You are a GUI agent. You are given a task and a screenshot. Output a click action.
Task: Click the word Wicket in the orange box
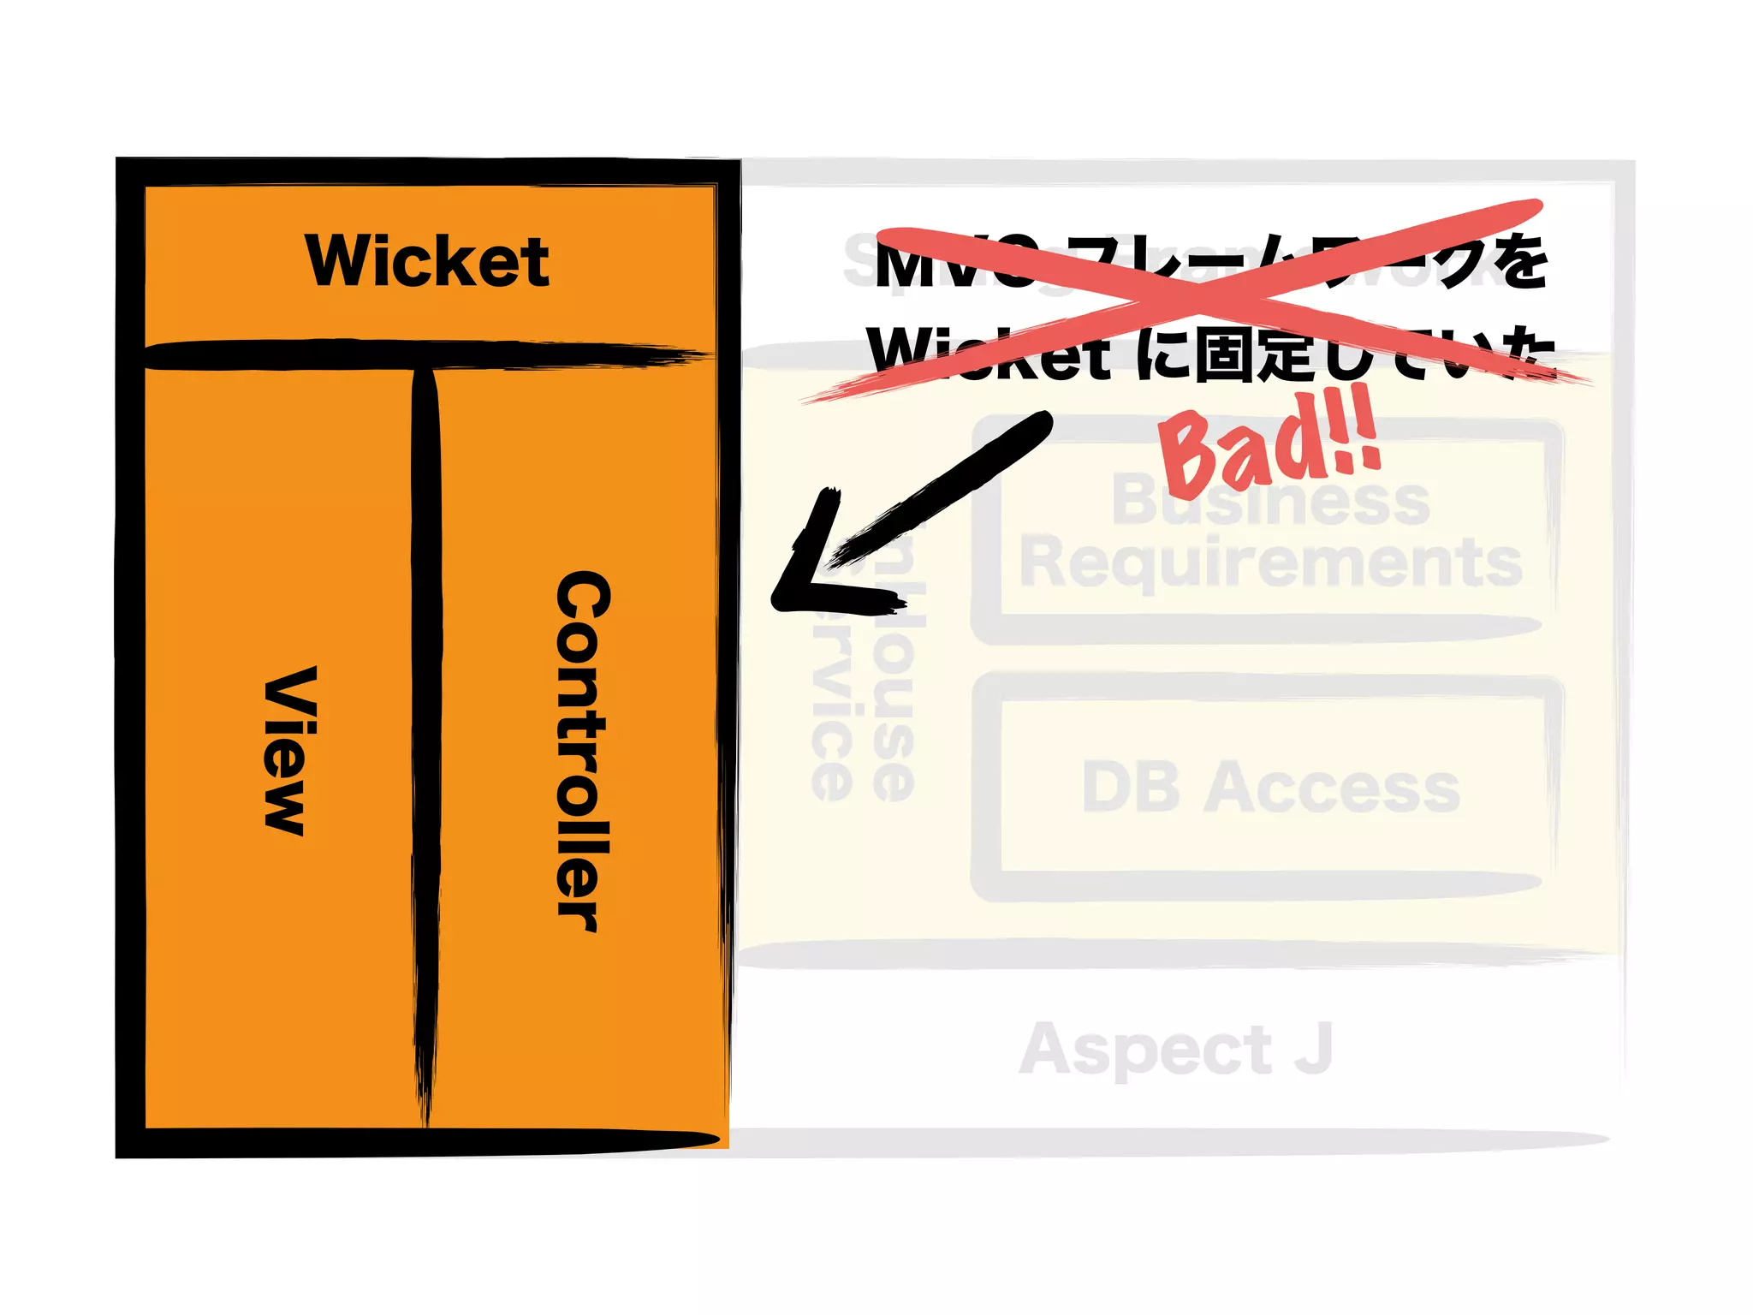(x=427, y=261)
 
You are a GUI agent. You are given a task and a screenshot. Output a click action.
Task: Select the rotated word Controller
(x=584, y=752)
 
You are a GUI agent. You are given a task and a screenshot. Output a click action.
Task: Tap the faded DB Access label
(x=1270, y=788)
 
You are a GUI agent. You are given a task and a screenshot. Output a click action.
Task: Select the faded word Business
(x=1270, y=500)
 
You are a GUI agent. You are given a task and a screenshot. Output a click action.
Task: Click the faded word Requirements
(x=1270, y=563)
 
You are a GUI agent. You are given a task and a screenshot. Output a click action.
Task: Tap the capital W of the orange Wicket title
(x=338, y=260)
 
